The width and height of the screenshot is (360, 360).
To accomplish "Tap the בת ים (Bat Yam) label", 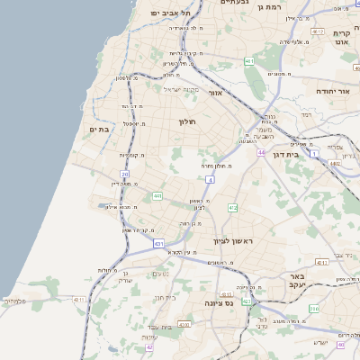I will (98, 130).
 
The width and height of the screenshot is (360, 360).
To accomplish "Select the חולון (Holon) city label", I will (187, 121).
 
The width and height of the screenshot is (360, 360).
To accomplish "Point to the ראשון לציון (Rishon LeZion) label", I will (233, 242).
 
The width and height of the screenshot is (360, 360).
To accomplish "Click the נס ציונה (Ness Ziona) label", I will (220, 303).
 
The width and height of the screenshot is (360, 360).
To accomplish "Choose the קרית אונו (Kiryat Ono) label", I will (340, 37).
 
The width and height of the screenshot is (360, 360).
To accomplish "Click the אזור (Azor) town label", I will (215, 93).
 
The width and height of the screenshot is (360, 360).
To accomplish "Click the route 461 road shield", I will (248, 62).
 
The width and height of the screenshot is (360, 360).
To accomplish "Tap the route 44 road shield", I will (260, 152).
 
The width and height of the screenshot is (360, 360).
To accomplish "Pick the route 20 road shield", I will (124, 174).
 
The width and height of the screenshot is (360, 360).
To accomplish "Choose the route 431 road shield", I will (158, 243).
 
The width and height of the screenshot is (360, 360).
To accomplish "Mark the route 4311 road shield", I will (80, 299).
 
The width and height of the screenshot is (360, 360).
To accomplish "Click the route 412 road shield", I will (232, 208).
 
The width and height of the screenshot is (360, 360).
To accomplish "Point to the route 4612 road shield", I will (317, 31).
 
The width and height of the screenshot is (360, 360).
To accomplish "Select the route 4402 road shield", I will (335, 164).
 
